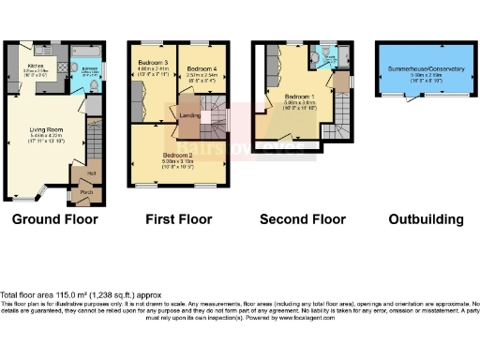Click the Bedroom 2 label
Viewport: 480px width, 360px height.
pyautogui.click(x=177, y=155)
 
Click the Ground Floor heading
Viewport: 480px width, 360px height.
pyautogui.click(x=54, y=220)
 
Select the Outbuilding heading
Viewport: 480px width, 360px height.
pyautogui.click(x=426, y=220)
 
